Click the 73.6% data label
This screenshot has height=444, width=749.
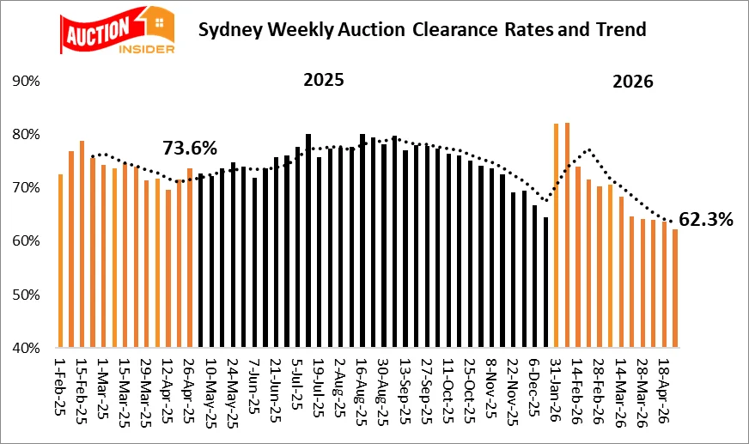click(x=191, y=147)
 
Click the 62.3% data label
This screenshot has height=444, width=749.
click(x=706, y=220)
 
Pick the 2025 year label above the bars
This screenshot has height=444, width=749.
click(x=324, y=81)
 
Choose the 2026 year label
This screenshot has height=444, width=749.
click(x=632, y=82)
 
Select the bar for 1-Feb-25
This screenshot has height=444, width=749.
click(x=60, y=261)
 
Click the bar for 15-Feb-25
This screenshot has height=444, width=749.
click(x=82, y=245)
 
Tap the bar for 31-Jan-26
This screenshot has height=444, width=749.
click(x=557, y=236)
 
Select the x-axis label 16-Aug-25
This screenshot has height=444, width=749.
click(x=362, y=387)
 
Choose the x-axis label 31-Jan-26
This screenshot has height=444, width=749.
click(x=557, y=387)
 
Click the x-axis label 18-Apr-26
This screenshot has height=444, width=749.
click(x=665, y=387)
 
